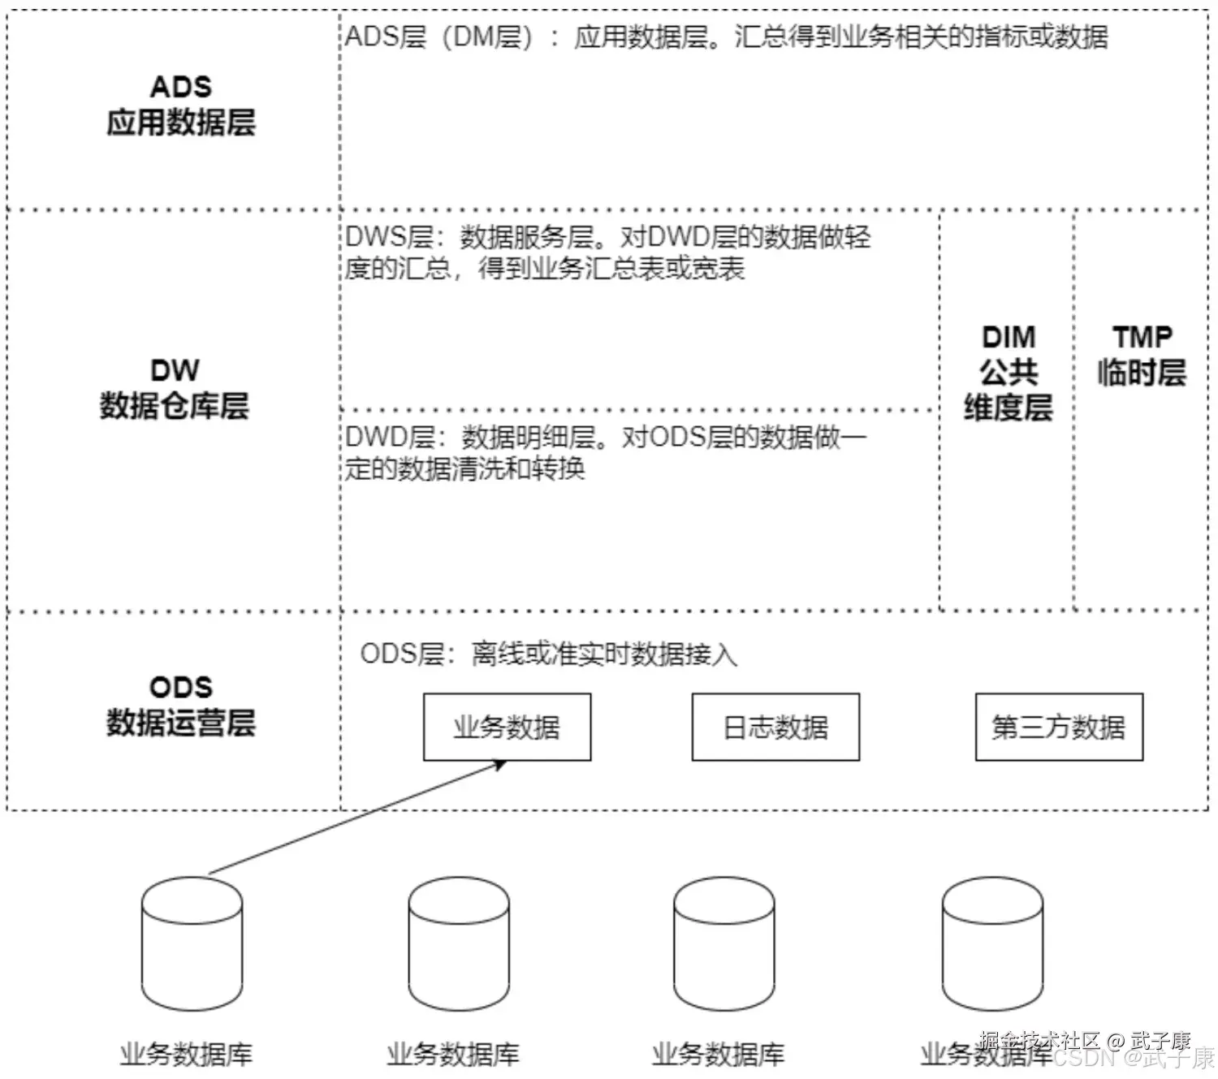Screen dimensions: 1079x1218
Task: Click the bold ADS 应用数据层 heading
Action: (181, 106)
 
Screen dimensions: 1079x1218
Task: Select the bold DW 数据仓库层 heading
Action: (175, 389)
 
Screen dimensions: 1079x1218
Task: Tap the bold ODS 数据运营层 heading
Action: (181, 706)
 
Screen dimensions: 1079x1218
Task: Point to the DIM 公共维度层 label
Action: (1009, 373)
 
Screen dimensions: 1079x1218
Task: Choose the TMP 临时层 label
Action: (1142, 356)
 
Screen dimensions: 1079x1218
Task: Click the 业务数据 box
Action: (507, 727)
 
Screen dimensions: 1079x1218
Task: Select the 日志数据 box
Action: (775, 727)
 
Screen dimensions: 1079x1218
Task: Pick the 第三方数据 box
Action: (1059, 727)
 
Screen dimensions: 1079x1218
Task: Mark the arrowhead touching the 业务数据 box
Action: (500, 764)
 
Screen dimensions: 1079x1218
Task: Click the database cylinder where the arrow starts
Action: (192, 943)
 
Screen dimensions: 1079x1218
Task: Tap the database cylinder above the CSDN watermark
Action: (992, 943)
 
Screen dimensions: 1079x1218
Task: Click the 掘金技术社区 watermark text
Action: (1039, 1040)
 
